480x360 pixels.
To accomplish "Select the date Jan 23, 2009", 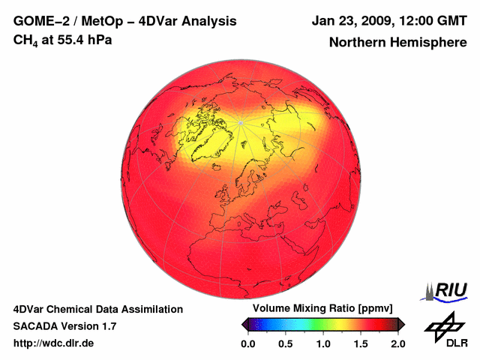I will pos(349,21).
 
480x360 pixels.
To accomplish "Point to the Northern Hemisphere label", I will pos(397,43).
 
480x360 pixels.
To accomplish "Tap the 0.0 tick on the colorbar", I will pos(247,343).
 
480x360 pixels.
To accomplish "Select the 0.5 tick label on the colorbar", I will pos(285,343).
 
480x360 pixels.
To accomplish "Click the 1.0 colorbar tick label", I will pos(322,343).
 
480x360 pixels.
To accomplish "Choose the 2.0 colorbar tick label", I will pos(397,343).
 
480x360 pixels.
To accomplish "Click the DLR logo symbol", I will pos(444,325).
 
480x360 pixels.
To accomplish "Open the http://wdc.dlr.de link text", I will pos(54,343).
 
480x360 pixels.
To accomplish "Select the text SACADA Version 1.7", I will pos(64,326).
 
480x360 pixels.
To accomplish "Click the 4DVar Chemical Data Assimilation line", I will pos(97,309).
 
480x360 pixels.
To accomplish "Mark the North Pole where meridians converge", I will pos(240,121).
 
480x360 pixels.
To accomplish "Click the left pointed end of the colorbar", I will pos(244,324).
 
